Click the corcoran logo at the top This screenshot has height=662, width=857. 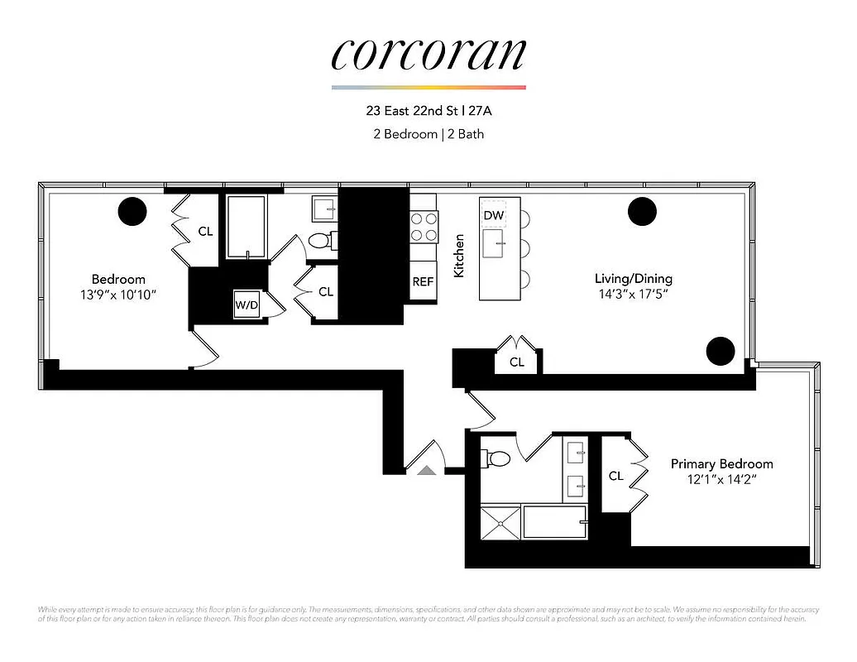click(428, 55)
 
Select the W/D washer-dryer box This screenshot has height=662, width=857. click(247, 305)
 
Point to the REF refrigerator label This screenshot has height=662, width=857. click(423, 281)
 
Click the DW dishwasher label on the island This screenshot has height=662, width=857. click(494, 216)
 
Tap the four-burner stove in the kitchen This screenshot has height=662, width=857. click(424, 227)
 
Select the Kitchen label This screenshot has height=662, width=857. click(459, 255)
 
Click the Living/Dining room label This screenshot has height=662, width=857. click(633, 278)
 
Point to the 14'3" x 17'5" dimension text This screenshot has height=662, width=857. click(633, 294)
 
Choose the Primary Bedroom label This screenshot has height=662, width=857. click(721, 463)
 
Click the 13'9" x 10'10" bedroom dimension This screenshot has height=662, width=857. click(118, 295)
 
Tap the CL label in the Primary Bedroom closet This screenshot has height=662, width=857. click(615, 476)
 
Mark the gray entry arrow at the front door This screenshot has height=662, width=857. click(426, 470)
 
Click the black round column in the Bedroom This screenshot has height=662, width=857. click(132, 212)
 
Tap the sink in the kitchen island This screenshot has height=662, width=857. click(500, 242)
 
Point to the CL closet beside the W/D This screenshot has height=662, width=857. click(325, 292)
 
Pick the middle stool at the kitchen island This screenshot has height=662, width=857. click(526, 247)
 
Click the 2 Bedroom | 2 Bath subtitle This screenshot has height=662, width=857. click(428, 134)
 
